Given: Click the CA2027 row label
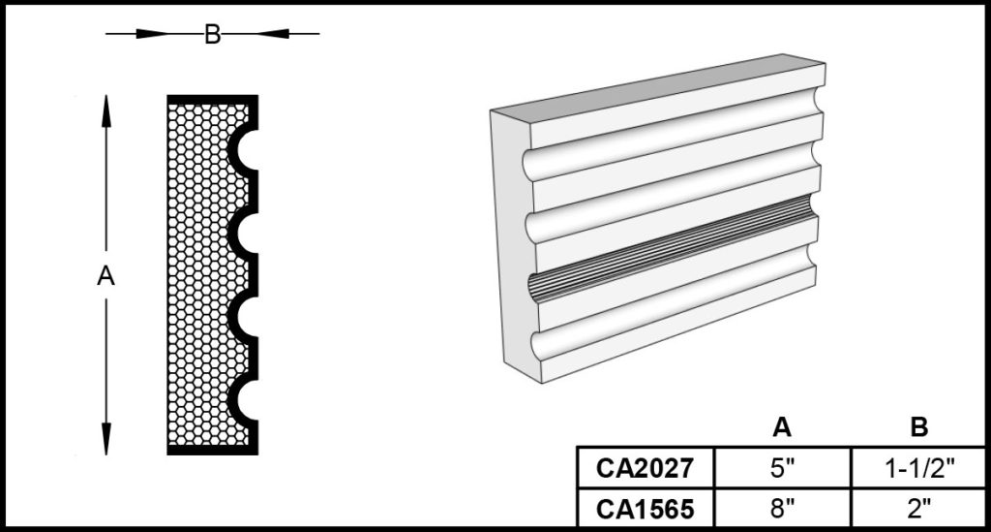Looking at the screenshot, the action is (646, 468).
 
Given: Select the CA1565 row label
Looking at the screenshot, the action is (646, 509).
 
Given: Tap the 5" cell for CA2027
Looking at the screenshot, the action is (782, 468).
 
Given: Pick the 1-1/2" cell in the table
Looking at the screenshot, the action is (919, 468).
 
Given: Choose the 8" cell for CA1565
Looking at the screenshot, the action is (782, 508).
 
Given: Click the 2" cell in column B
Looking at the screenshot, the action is (919, 508).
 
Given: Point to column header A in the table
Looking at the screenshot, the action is (782, 427).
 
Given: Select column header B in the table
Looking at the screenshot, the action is (919, 427).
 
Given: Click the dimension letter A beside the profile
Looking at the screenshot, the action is (106, 275).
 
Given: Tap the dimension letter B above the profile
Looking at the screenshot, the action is (212, 34).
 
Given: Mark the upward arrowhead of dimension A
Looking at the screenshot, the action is (106, 111).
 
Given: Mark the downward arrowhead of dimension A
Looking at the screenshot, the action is (106, 438).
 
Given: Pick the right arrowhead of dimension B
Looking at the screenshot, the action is (272, 34).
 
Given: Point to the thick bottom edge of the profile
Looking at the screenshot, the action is (212, 450).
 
